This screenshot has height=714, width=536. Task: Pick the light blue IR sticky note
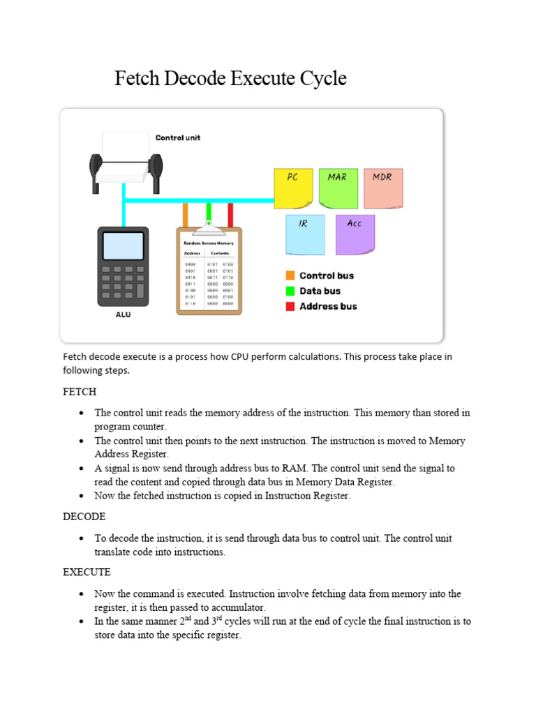[305, 234]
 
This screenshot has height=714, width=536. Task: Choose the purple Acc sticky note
[355, 234]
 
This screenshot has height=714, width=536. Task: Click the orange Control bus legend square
[290, 275]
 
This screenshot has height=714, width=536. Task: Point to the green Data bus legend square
[290, 291]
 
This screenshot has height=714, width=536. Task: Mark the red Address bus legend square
[290, 306]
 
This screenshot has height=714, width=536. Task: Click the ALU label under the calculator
[123, 314]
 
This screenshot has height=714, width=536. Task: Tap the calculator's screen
[123, 245]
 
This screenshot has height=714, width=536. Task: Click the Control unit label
[177, 137]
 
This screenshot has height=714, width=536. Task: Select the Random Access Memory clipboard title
[209, 243]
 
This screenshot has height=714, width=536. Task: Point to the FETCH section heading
[80, 392]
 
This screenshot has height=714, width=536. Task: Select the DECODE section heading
[84, 517]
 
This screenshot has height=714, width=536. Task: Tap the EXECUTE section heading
[87, 572]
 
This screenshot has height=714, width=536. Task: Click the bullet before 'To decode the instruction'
[82, 539]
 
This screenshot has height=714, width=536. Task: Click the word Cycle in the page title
[323, 78]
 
